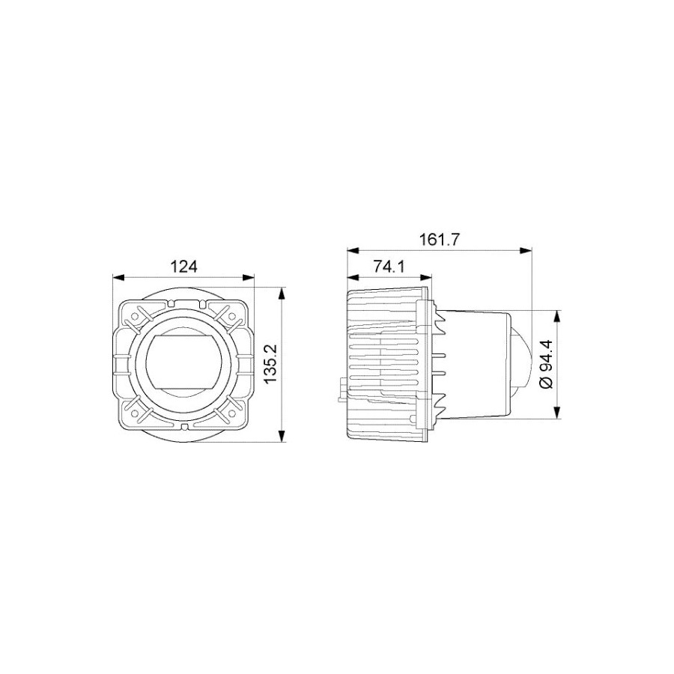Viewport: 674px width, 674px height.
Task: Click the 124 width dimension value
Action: coord(184,267)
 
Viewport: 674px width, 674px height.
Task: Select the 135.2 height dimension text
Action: coord(271,365)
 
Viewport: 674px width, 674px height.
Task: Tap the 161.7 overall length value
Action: coord(440,240)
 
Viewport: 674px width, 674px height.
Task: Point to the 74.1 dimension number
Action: coord(389,267)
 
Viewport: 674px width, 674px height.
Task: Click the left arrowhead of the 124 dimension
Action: coord(118,278)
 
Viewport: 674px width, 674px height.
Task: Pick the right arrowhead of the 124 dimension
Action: coord(248,278)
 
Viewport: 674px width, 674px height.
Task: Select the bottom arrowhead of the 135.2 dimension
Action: coord(282,436)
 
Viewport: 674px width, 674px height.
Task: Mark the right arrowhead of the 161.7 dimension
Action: coord(526,251)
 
